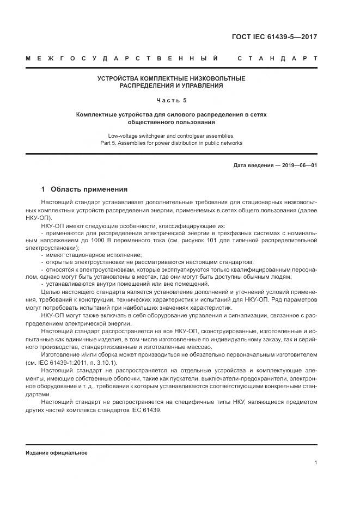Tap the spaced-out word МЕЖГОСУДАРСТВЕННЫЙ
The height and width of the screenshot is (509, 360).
(x=122, y=58)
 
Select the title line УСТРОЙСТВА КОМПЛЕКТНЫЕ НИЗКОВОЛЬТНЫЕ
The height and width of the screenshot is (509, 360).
(x=171, y=78)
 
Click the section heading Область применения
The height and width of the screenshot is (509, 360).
(x=89, y=189)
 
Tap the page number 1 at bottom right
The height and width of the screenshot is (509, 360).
(x=316, y=463)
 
